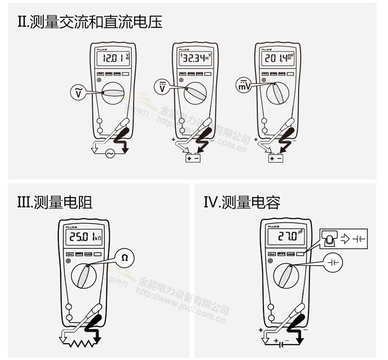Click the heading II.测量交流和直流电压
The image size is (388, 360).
[x=89, y=22]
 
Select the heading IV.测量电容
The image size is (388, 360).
[x=242, y=202]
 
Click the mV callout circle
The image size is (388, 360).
[x=242, y=85]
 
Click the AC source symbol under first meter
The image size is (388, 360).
[x=109, y=154]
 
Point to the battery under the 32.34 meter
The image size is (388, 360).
[x=193, y=159]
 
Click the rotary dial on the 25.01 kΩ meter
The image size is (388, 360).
[x=85, y=276]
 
